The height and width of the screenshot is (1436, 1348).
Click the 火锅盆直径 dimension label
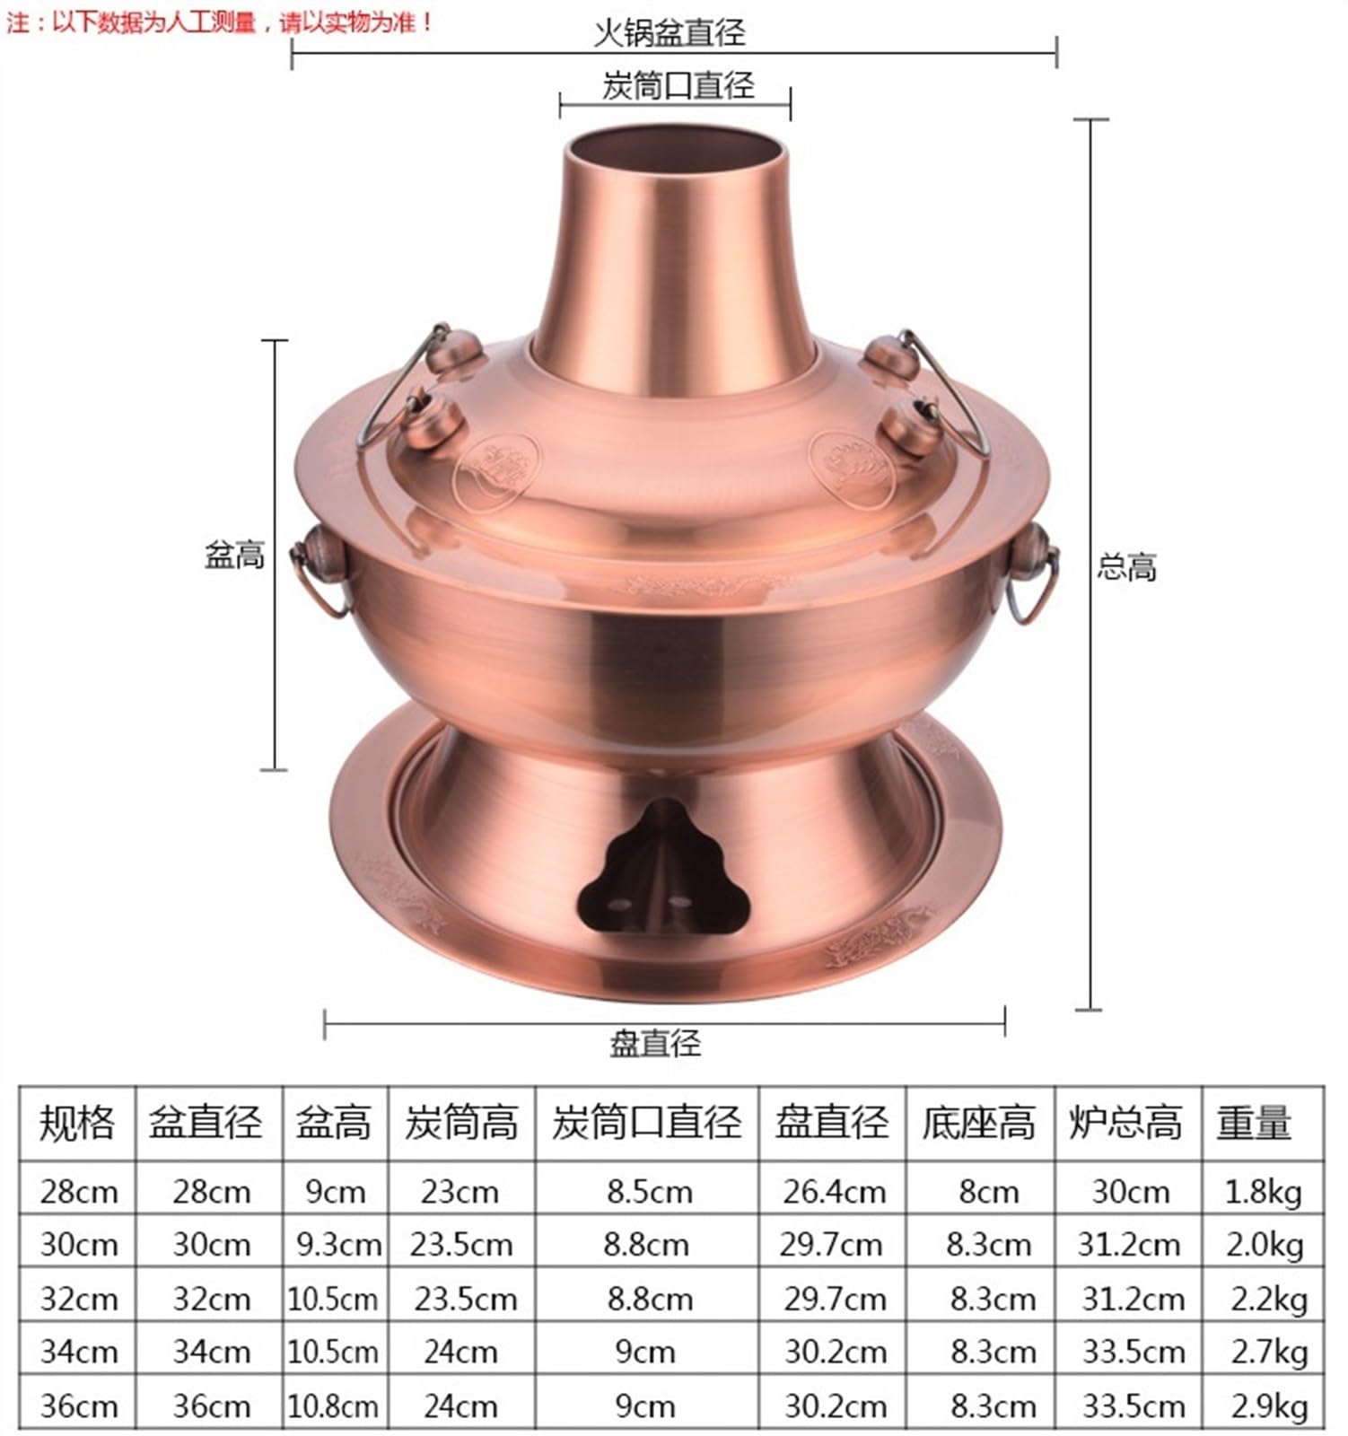coord(670,32)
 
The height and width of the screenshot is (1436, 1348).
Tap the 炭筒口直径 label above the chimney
coord(678,86)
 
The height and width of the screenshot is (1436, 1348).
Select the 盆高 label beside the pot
coord(234,556)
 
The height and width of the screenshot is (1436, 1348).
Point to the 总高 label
coord(1126,567)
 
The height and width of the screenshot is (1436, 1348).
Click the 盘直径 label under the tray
coord(655,1043)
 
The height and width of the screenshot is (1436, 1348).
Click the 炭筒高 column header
coord(461,1123)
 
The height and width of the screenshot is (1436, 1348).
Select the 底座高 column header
coord(978,1123)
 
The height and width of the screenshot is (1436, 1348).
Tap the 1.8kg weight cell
coord(1263,1191)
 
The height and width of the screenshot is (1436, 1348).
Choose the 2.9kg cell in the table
coord(1268,1405)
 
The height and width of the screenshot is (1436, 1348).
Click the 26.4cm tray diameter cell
coord(834,1191)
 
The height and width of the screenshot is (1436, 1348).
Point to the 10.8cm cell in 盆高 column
coord(333,1405)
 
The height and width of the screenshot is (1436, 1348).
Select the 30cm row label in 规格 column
coord(79,1244)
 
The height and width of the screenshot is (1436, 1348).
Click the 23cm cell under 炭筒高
coord(460,1191)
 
